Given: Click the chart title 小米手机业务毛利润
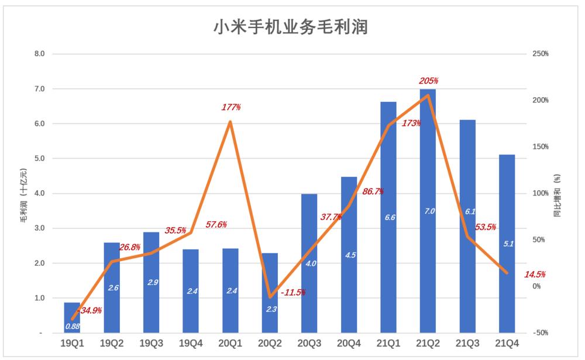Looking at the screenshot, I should (x=291, y=26).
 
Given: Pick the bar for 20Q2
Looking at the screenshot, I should (x=270, y=293).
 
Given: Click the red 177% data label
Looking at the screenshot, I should (x=230, y=108).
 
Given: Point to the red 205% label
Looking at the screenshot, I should (x=428, y=81).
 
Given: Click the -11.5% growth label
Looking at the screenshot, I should (x=293, y=292).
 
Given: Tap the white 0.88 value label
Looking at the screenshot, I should (x=72, y=326).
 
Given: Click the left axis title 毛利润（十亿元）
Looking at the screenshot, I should (x=23, y=194).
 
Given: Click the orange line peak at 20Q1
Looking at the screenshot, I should (x=230, y=122).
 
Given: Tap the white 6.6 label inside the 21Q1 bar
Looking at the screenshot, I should (x=388, y=217).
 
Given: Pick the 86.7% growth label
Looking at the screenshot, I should (x=373, y=191).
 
